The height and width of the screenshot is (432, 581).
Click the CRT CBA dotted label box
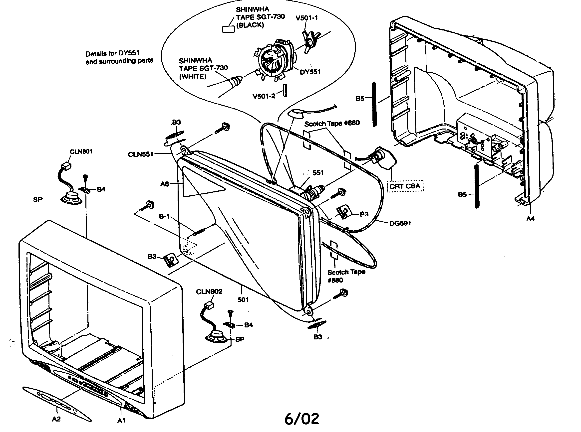point(405,186)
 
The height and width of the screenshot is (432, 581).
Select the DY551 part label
point(310,72)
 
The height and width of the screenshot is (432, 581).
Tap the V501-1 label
point(307,18)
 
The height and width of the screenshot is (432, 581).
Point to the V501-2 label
point(264,96)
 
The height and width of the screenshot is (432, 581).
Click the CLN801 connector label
point(81,152)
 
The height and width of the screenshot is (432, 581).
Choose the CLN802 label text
point(209,291)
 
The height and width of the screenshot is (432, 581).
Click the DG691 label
point(400,223)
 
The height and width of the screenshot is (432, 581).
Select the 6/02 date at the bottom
point(301,419)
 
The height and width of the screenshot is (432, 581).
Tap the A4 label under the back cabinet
point(531,218)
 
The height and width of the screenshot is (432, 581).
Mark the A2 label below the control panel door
point(56,419)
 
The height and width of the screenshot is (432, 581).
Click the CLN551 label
point(140,154)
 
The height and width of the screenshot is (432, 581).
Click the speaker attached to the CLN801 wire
point(71,198)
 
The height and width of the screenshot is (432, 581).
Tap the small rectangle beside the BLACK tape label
point(228,29)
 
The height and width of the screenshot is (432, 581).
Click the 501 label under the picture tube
point(243,300)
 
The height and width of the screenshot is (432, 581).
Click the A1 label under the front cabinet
point(121,421)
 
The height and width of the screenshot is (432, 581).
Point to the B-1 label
point(164,217)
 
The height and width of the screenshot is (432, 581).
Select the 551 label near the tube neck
point(318,173)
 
